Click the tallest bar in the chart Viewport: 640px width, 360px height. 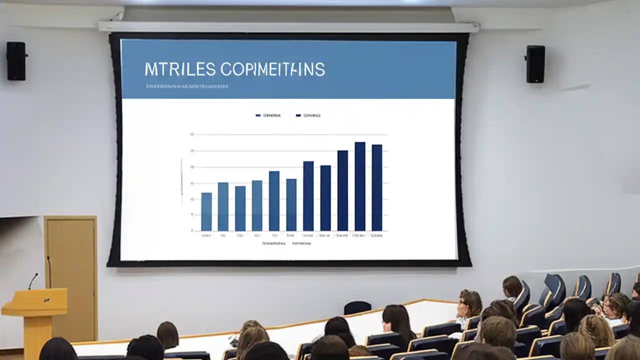(x=360, y=186)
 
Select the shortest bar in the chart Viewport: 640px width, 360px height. (x=206, y=211)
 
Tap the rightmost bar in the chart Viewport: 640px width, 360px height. (x=377, y=187)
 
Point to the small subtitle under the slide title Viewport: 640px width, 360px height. (x=187, y=86)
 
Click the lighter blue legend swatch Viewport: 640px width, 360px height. (x=258, y=115)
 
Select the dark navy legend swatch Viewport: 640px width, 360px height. (x=298, y=115)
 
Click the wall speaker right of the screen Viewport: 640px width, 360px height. (x=535, y=63)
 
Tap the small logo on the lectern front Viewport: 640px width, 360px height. (x=46, y=300)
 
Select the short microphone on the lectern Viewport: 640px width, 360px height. (x=33, y=280)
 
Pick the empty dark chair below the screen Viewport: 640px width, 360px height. (x=357, y=307)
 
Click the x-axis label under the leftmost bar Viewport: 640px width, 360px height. (x=206, y=235)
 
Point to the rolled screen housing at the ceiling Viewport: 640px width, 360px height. (x=288, y=26)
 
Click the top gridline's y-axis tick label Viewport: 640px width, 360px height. (x=191, y=134)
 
